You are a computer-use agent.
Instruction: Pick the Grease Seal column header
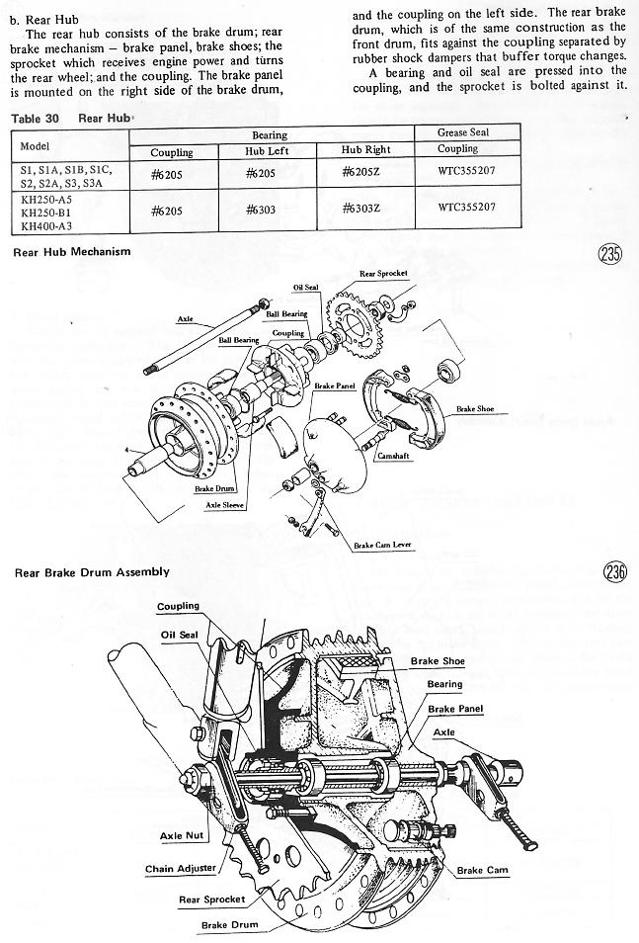point(462,132)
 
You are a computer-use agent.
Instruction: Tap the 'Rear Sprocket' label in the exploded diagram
point(383,273)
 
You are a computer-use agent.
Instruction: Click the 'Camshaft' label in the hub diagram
point(392,457)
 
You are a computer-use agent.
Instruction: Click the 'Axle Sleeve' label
point(225,505)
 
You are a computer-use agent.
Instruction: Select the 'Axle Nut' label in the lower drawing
point(181,836)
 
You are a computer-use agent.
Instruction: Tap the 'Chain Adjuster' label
point(180,870)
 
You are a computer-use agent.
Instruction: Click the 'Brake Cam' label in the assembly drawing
point(484,870)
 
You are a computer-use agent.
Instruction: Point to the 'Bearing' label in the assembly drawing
point(444,684)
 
